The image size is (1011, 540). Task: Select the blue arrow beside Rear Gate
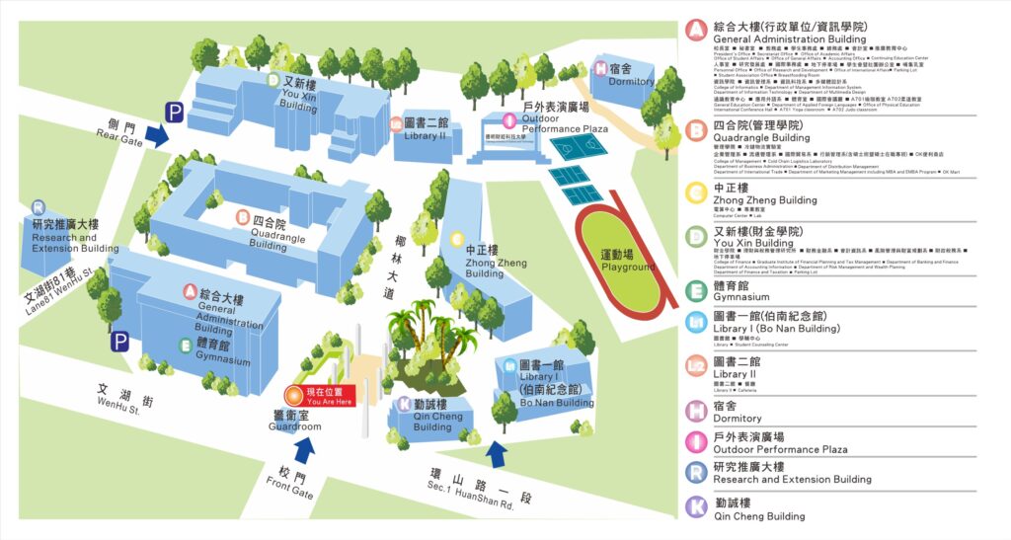[156, 135]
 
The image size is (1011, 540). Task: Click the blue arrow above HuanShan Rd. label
[498, 453]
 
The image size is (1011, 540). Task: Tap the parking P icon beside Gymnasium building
[119, 341]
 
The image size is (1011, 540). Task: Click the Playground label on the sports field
[628, 261]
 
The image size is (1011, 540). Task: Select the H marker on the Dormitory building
[600, 68]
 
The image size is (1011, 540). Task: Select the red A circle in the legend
[697, 32]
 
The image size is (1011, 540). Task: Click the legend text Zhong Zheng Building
[764, 200]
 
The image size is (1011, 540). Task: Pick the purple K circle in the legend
[697, 507]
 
